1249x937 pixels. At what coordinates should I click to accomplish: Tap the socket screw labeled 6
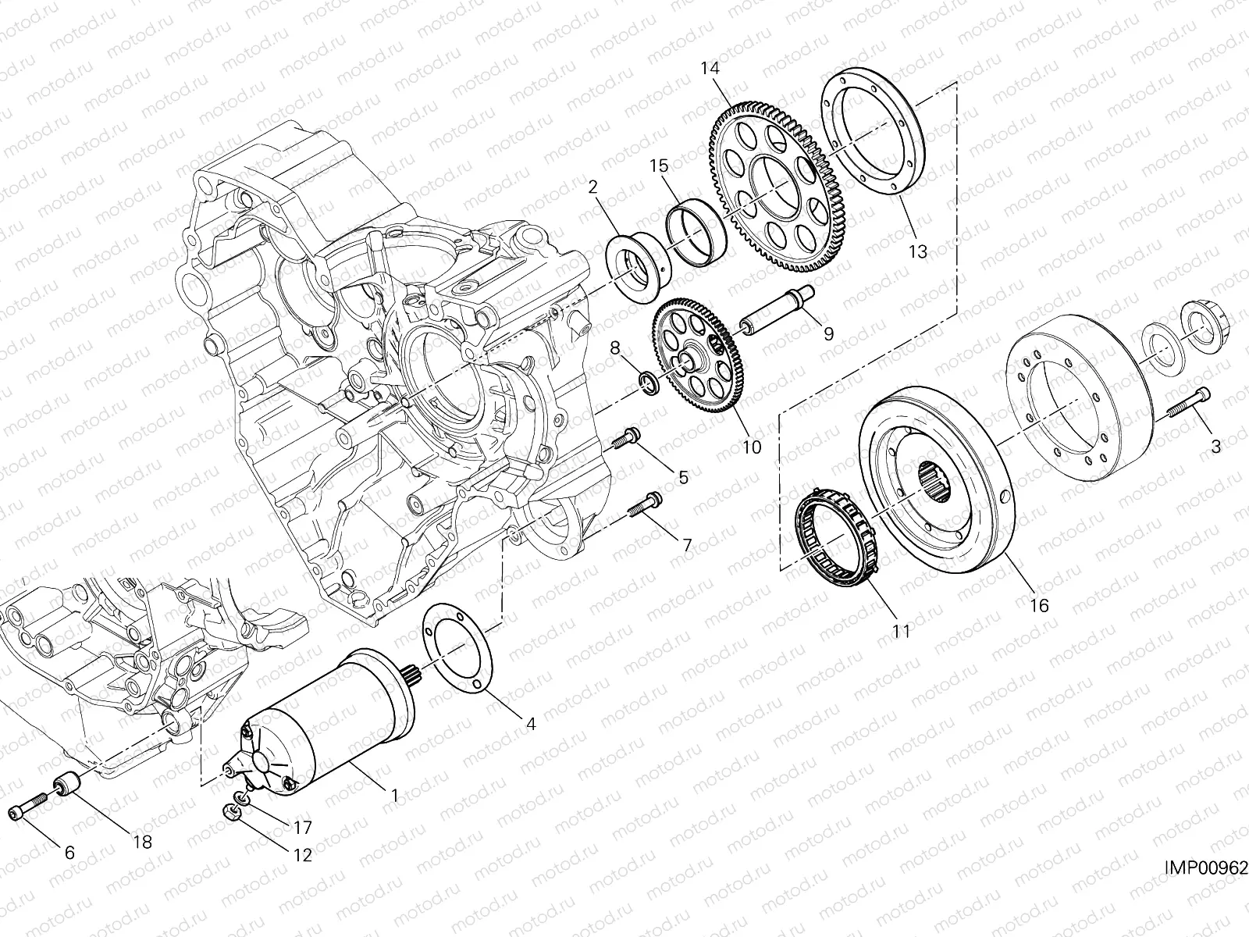pyautogui.click(x=25, y=811)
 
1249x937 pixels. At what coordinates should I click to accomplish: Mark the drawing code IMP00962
pyautogui.click(x=1206, y=868)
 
